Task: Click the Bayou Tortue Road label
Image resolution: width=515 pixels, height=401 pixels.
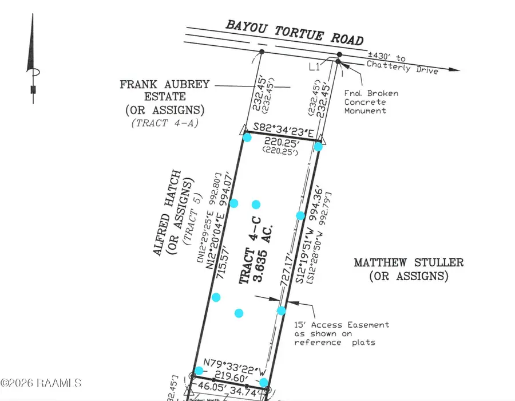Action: click(x=294, y=32)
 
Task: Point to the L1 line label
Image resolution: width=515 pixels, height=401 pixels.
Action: click(x=314, y=68)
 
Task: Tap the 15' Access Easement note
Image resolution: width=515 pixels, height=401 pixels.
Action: click(x=342, y=333)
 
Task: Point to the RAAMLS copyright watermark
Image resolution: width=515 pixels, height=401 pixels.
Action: click(x=41, y=382)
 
